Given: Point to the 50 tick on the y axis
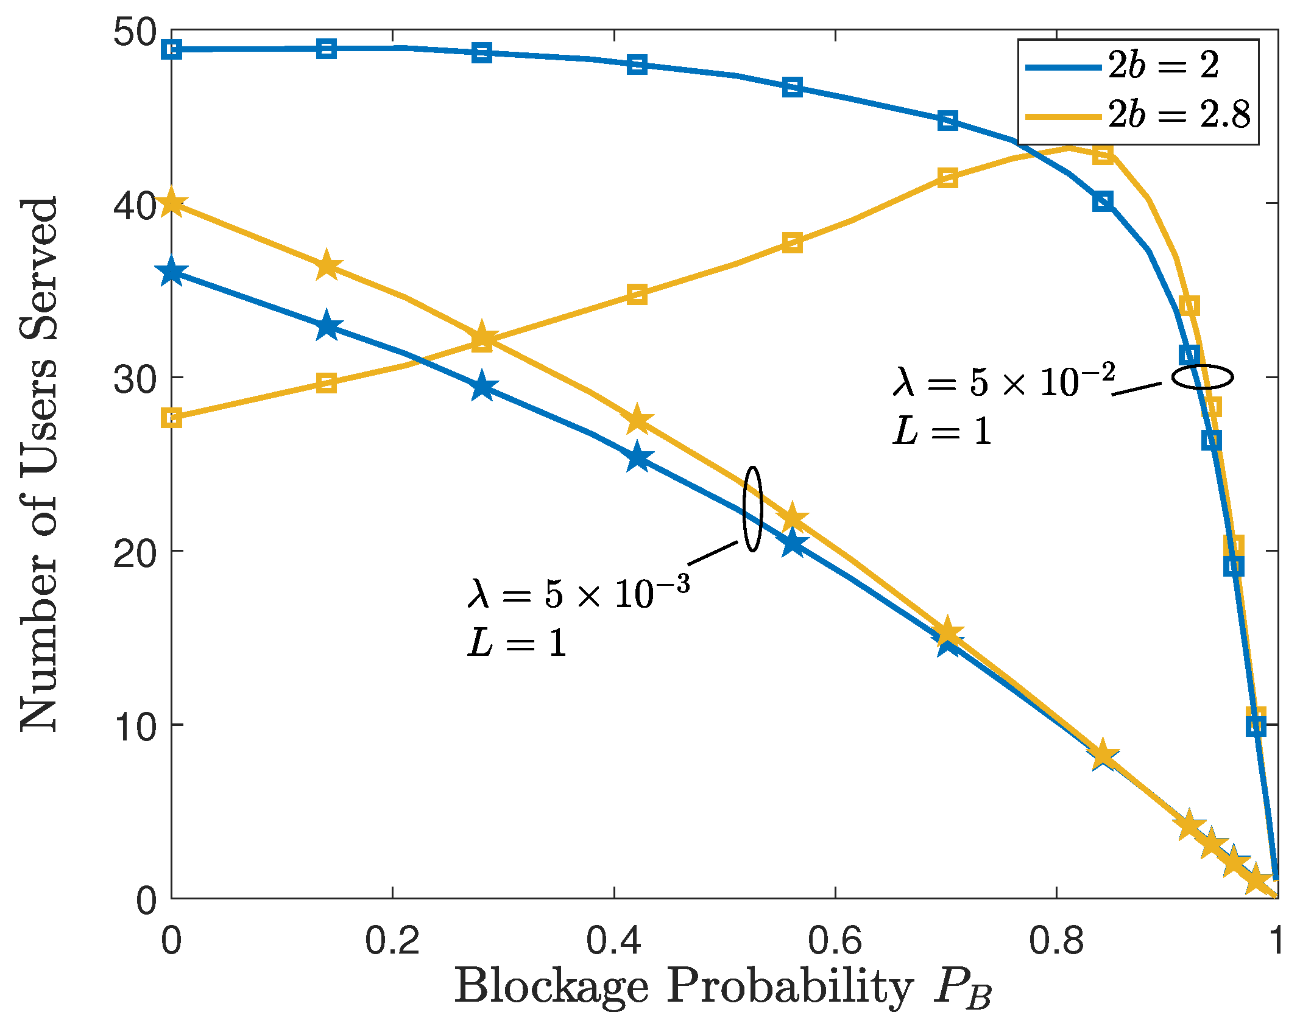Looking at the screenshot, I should click(x=135, y=31).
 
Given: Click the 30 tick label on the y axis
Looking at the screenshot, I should click(x=135, y=378).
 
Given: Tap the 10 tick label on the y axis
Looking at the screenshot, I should click(x=135, y=725).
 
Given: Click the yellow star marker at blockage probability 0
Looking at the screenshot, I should click(x=172, y=203).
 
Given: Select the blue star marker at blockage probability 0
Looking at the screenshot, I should click(x=172, y=272).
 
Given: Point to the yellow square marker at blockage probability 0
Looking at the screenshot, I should click(x=172, y=418).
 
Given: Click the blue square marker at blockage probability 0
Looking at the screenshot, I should click(x=172, y=49).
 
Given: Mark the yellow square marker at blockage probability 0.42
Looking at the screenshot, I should click(x=637, y=295).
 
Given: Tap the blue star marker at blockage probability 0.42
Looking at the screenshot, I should click(x=637, y=457).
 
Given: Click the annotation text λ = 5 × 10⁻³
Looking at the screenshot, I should click(x=579, y=594).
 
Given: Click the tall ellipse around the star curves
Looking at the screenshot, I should click(x=753, y=509).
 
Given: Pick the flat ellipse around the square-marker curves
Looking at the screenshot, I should click(x=1203, y=377).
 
